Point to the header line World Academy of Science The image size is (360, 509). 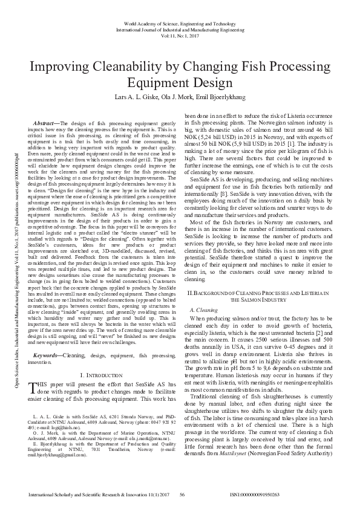pos(180,21)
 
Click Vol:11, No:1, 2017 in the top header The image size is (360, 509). pos(180,36)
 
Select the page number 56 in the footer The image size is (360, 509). pos(181,494)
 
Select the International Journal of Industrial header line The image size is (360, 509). pos(180,28)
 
